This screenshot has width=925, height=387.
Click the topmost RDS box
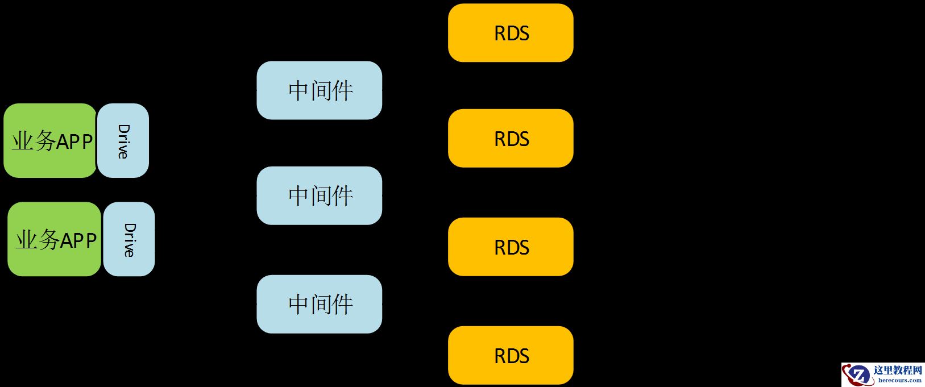[511, 33]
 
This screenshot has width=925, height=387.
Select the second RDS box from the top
[511, 138]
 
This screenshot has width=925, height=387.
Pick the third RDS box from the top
[511, 247]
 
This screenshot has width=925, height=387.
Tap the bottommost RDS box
[511, 355]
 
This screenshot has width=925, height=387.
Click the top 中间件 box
[319, 90]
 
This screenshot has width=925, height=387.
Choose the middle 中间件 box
[319, 195]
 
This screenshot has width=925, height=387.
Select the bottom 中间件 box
[319, 304]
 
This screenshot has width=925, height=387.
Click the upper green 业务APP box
[50, 140]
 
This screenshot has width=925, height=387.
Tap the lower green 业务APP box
[54, 239]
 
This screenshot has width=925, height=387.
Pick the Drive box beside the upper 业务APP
[123, 140]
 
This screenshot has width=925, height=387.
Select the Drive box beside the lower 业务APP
[129, 239]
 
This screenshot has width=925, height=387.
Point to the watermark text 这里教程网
[898, 371]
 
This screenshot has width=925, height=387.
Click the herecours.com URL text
[899, 380]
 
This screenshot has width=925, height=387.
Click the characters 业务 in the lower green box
[37, 240]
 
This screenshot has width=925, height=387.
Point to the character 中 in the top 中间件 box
[298, 91]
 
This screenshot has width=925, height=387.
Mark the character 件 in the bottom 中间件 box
[343, 305]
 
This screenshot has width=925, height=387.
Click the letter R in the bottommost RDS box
[500, 356]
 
